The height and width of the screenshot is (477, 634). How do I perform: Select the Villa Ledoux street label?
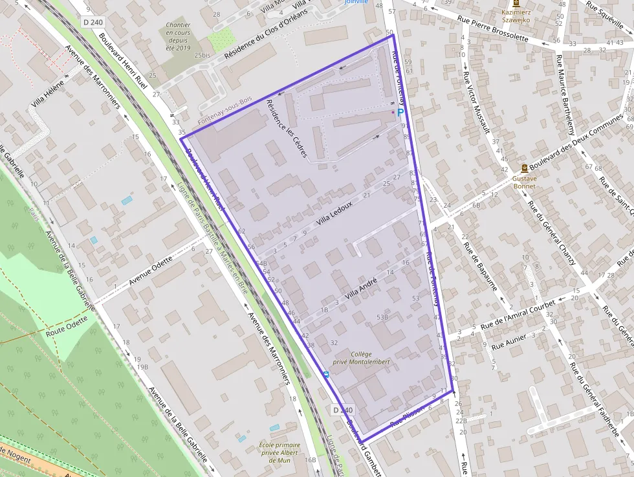tap(334, 213)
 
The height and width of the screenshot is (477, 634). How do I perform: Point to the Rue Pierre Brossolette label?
tap(494, 28)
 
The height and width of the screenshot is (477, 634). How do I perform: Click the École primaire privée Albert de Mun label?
tap(279, 452)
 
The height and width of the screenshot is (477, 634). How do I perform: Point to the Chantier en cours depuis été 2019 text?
tap(178, 36)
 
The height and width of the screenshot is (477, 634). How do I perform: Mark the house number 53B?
tap(382, 317)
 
